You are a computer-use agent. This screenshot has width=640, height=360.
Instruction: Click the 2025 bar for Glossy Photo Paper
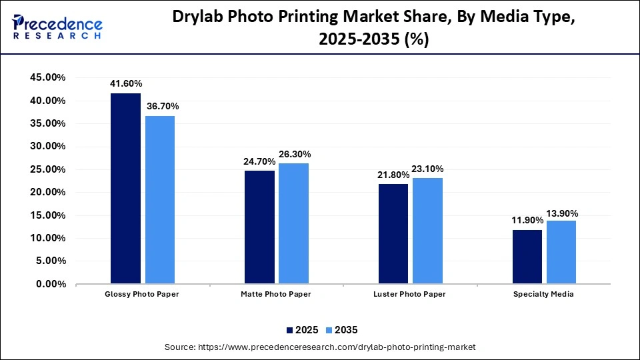coord(125,189)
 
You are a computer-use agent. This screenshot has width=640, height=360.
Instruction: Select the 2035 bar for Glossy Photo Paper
coord(160,200)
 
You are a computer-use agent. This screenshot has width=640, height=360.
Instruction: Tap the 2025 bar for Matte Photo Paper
coord(259,227)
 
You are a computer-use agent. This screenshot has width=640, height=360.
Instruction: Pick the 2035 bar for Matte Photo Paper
coord(293,223)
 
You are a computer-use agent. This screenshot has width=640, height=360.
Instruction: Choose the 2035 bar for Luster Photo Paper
coord(427,231)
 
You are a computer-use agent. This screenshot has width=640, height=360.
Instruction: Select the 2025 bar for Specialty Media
coord(527,257)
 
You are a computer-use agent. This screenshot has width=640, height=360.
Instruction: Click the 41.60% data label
coord(126,84)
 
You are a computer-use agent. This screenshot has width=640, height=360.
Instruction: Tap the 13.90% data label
coord(561,213)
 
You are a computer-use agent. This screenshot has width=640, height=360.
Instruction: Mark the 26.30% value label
coord(294,154)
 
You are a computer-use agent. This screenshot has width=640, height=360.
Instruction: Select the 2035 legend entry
coord(342,329)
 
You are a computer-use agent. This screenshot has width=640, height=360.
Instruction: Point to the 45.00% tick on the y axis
coord(47,77)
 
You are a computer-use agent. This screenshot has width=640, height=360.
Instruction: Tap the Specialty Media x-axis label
coord(543,294)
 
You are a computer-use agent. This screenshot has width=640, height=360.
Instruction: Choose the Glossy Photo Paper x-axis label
coord(143,294)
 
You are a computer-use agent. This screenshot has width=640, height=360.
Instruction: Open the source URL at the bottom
coord(320,347)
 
